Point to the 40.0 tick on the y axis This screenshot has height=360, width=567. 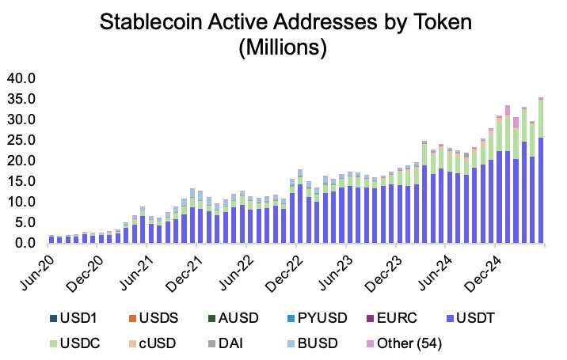click(21, 78)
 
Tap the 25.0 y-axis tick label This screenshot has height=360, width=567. click(21, 140)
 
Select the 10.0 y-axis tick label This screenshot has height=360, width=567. click(21, 202)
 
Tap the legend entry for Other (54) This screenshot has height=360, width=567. click(421, 343)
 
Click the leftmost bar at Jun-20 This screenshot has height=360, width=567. click(51, 239)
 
